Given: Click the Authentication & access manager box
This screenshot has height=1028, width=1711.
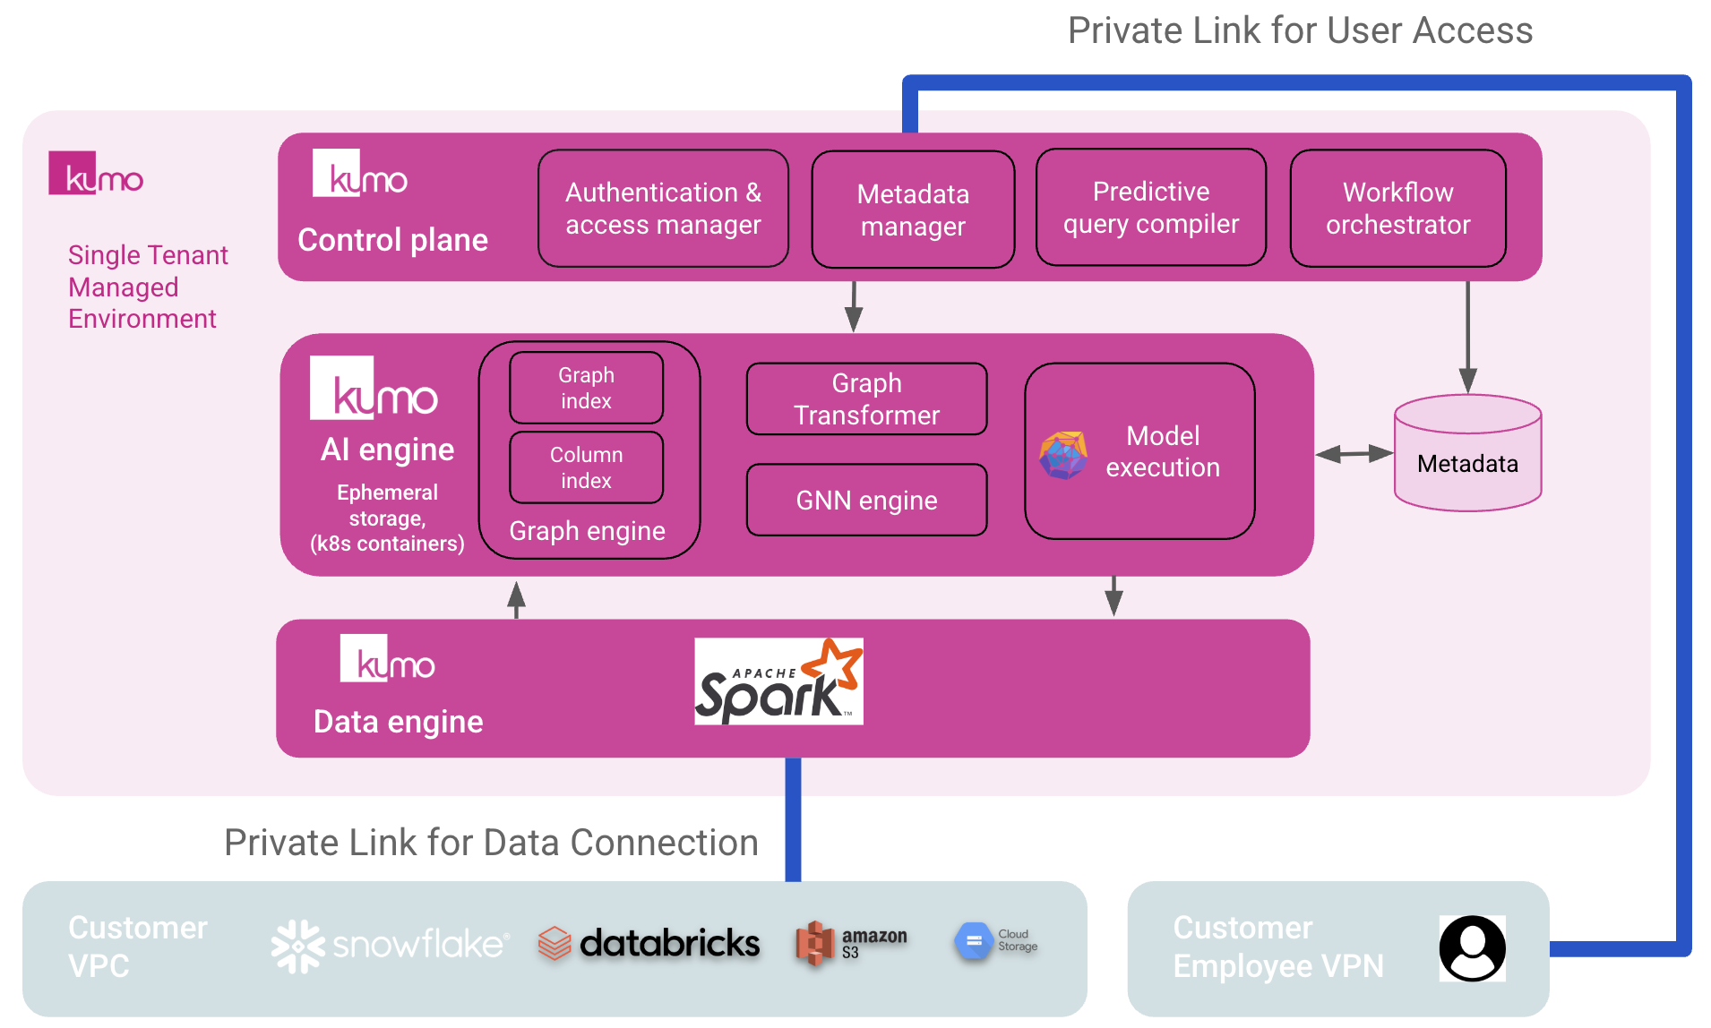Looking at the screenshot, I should (x=663, y=209).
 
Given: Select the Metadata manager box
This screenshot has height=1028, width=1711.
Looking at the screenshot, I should (x=913, y=210).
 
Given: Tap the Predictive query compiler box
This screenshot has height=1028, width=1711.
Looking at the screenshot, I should (x=1151, y=208).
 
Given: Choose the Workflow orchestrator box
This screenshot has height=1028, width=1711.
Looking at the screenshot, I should (x=1397, y=209).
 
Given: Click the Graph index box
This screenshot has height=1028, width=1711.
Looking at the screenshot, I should (x=587, y=388).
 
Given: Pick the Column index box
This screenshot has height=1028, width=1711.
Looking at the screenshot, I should (x=587, y=467).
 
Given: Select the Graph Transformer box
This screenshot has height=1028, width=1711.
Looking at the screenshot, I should (x=866, y=399).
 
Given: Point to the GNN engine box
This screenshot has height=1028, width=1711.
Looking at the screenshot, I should (x=866, y=500).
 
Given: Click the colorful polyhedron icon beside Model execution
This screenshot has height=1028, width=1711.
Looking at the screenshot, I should (x=1063, y=455).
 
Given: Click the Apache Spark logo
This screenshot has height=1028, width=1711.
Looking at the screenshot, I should (x=778, y=681).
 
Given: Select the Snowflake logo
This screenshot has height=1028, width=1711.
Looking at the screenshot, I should (x=390, y=946).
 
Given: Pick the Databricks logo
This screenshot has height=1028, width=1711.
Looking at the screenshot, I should (x=649, y=944).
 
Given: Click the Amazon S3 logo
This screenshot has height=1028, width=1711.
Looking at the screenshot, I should (x=851, y=944).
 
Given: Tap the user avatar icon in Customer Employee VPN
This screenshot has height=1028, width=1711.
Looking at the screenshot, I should (x=1472, y=948).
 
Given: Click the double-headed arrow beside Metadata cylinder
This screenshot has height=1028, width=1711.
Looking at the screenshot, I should (x=1354, y=454).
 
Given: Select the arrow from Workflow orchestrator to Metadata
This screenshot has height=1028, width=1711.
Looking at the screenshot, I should (x=1467, y=337).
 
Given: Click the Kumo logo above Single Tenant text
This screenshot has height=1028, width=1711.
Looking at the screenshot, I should (x=96, y=174).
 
